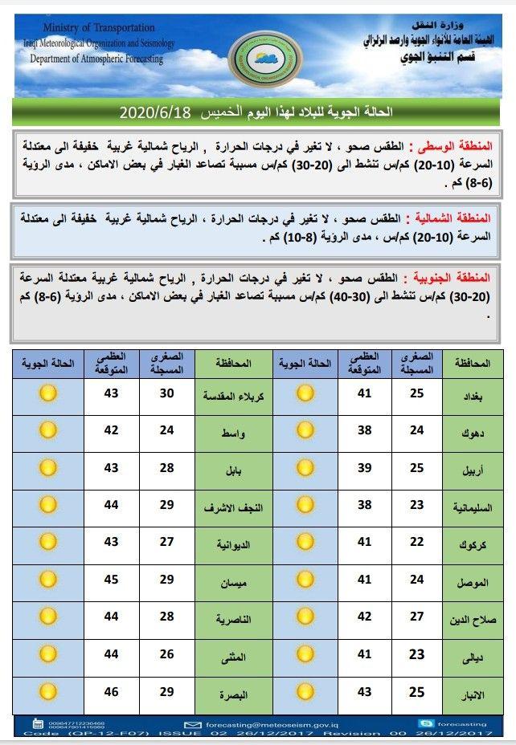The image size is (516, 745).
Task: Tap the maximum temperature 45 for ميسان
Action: click(x=110, y=579)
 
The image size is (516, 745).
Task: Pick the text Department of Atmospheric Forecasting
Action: click(x=96, y=59)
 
